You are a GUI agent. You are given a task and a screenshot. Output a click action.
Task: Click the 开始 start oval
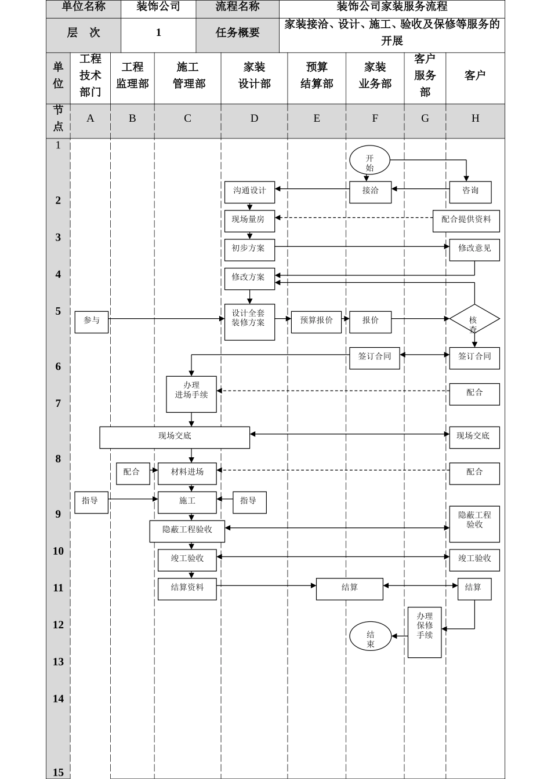369,161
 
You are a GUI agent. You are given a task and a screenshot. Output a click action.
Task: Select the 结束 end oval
370,636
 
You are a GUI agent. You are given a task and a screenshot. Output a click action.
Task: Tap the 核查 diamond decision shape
474,319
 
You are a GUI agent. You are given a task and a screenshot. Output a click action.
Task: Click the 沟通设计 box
249,191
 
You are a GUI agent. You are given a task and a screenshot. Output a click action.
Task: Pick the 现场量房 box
249,220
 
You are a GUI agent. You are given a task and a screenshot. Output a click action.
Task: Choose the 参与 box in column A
92,322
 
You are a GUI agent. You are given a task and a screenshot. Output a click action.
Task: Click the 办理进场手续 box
191,394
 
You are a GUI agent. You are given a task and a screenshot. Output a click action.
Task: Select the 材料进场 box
187,474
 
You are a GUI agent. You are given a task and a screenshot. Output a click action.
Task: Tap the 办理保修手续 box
425,632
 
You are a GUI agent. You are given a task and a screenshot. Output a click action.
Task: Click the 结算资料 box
187,588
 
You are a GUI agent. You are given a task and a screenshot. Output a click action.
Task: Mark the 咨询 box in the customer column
470,192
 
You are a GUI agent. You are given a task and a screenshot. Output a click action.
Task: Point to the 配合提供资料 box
466,221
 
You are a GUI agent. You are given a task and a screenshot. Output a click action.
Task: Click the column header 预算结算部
317,76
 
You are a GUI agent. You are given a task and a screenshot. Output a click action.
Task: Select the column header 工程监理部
132,76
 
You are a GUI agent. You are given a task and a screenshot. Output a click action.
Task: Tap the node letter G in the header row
425,119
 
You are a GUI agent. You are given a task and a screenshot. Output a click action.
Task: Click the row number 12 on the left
58,625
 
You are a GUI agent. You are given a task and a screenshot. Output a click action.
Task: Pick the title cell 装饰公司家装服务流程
392,8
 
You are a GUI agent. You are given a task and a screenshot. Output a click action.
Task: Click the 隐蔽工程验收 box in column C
187,530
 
